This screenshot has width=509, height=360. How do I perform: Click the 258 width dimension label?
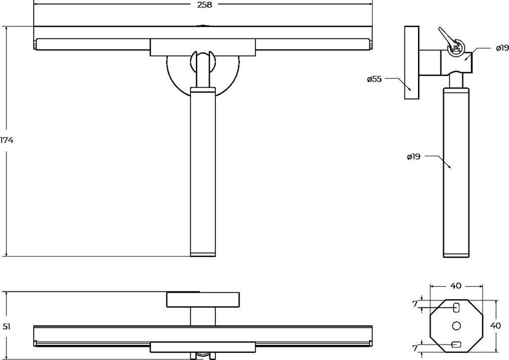[204, 5]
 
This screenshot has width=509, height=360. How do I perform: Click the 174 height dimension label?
[6, 140]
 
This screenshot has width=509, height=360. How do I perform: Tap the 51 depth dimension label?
[7, 326]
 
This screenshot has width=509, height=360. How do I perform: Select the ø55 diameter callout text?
[374, 79]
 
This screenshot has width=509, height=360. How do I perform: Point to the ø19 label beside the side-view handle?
[413, 157]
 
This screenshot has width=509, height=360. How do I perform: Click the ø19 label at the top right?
[502, 48]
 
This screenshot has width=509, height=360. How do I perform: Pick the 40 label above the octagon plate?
[455, 285]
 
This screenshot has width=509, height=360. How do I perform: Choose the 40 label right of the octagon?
[496, 326]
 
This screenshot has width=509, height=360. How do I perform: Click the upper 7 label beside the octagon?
[415, 304]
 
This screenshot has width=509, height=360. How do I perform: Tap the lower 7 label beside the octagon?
[415, 348]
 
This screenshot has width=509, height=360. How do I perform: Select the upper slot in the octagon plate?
[456, 307]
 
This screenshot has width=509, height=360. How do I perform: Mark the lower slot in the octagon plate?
[456, 344]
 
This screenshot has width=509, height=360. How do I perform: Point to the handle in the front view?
[203, 172]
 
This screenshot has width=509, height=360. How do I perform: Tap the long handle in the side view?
[456, 172]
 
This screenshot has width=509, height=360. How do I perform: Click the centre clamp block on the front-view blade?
[203, 47]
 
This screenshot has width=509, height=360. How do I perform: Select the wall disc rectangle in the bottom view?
[203, 300]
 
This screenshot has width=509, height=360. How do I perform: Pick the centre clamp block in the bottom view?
[203, 347]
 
